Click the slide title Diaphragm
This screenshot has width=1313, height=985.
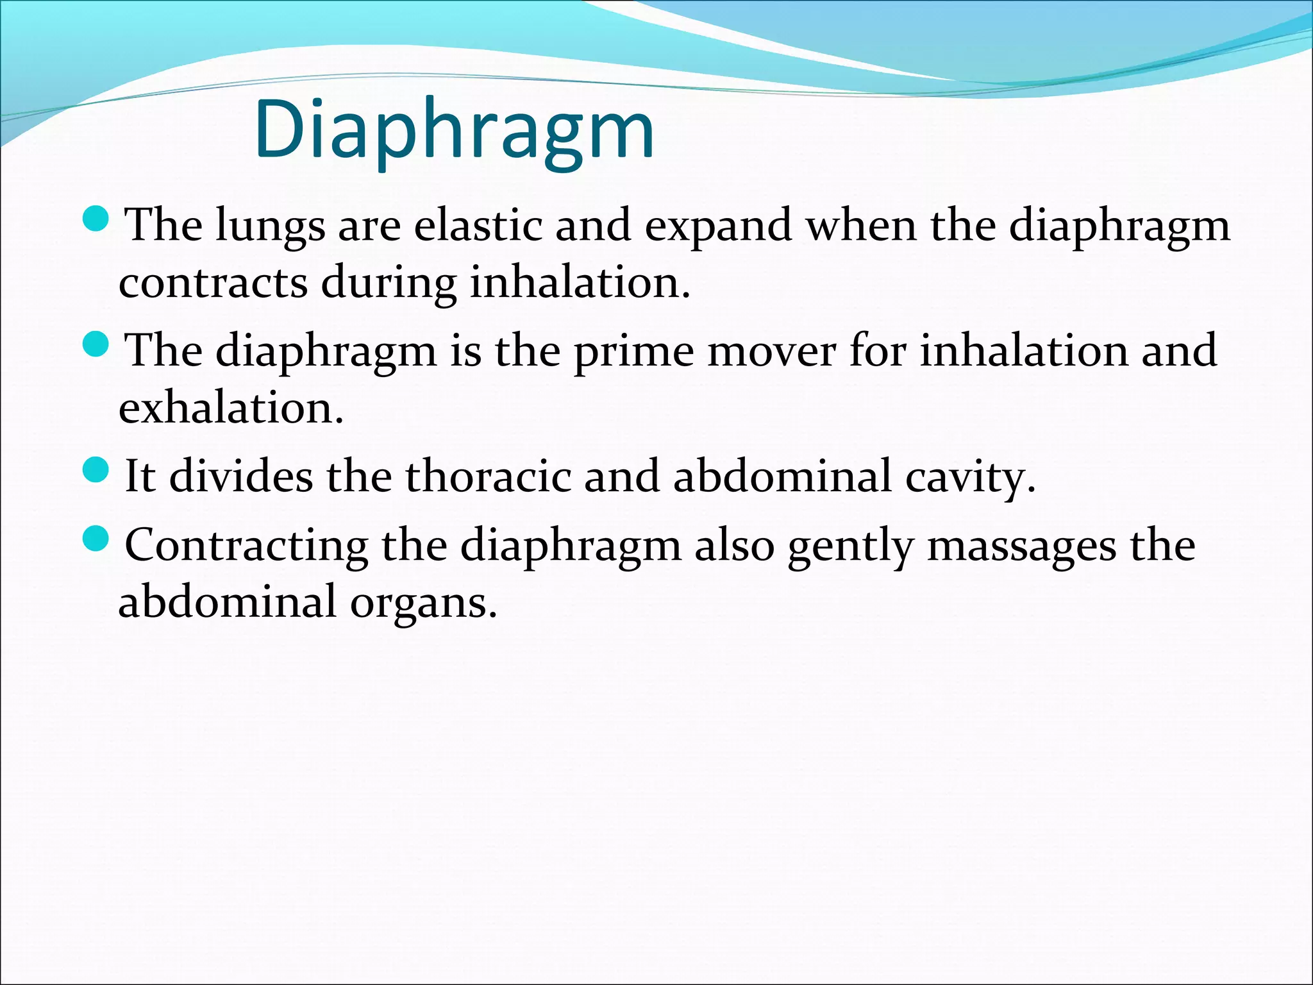tap(454, 130)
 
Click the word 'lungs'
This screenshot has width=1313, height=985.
tap(270, 226)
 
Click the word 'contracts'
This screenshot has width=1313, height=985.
tap(213, 282)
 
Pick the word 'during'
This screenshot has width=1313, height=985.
tap(388, 282)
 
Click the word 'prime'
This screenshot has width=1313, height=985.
tap(633, 351)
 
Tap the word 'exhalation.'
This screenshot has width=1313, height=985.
tap(231, 407)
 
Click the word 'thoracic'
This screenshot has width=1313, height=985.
tap(487, 476)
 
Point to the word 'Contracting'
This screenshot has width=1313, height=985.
tap(246, 545)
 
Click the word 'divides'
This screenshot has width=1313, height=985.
tap(241, 476)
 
